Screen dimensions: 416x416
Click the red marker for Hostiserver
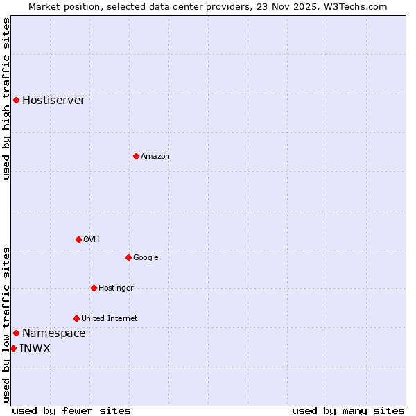point(16,100)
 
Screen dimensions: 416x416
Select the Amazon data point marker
point(136,156)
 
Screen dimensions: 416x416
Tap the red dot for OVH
point(78,239)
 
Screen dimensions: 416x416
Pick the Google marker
point(128,257)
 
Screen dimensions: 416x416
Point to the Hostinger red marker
point(94,288)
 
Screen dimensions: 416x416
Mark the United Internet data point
point(76,318)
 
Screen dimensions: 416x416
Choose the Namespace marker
point(16,333)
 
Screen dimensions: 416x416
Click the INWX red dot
point(13,348)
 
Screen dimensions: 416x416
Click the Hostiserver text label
point(53,100)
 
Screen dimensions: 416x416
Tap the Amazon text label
point(155,156)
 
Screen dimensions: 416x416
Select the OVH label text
point(91,239)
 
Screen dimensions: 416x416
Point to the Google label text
point(146,257)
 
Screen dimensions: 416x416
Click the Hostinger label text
point(116,288)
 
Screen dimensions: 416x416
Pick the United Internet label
point(109,318)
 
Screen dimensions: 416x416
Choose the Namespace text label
point(53,333)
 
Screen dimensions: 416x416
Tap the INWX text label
point(35,348)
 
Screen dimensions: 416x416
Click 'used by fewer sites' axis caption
point(71,410)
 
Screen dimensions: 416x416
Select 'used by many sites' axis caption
point(348,410)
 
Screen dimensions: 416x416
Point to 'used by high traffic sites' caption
point(6,98)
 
